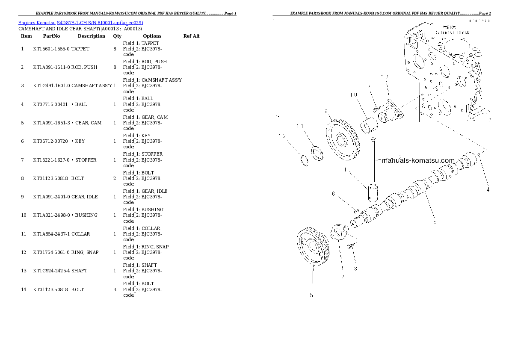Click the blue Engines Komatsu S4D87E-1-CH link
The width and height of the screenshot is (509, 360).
coord(81,23)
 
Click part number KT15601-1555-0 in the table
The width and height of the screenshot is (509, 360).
coord(51,49)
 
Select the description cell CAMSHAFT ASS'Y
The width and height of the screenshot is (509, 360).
coord(92,86)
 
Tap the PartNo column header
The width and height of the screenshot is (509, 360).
coord(51,36)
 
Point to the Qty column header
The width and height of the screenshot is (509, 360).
coord(117,36)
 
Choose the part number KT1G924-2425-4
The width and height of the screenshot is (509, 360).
coord(51,271)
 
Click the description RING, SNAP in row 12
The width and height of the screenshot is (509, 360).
coord(85,253)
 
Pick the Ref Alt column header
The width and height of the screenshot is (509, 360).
coord(191,36)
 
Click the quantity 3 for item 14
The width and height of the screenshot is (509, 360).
coord(115,290)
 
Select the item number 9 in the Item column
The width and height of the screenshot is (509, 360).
coord(22,197)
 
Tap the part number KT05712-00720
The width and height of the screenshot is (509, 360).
coord(50,142)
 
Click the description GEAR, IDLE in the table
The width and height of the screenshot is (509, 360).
coord(84,197)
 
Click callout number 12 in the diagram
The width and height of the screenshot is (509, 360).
coord(282,136)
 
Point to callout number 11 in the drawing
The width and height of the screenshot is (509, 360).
coord(300,126)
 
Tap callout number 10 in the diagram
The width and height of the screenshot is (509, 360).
coord(353,95)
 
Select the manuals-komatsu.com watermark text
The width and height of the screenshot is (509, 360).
coord(417,161)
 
